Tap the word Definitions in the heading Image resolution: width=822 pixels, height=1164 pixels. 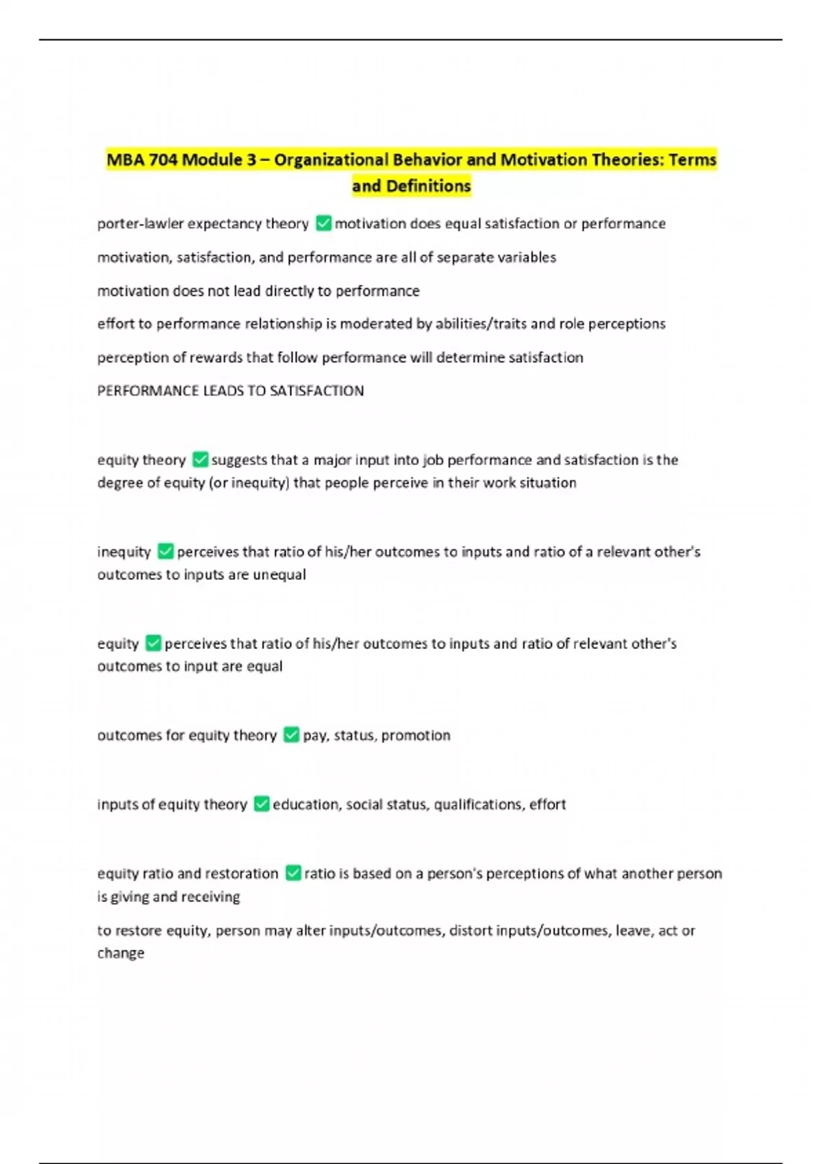click(x=428, y=186)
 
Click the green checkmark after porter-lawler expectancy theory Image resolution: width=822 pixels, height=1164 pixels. click(x=323, y=223)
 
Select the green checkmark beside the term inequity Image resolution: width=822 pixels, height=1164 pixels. click(x=165, y=551)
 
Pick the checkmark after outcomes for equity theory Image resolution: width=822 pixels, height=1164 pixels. click(x=291, y=735)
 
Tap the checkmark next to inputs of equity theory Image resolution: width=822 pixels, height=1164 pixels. click(x=261, y=804)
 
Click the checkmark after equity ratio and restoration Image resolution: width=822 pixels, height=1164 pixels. click(x=292, y=873)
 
